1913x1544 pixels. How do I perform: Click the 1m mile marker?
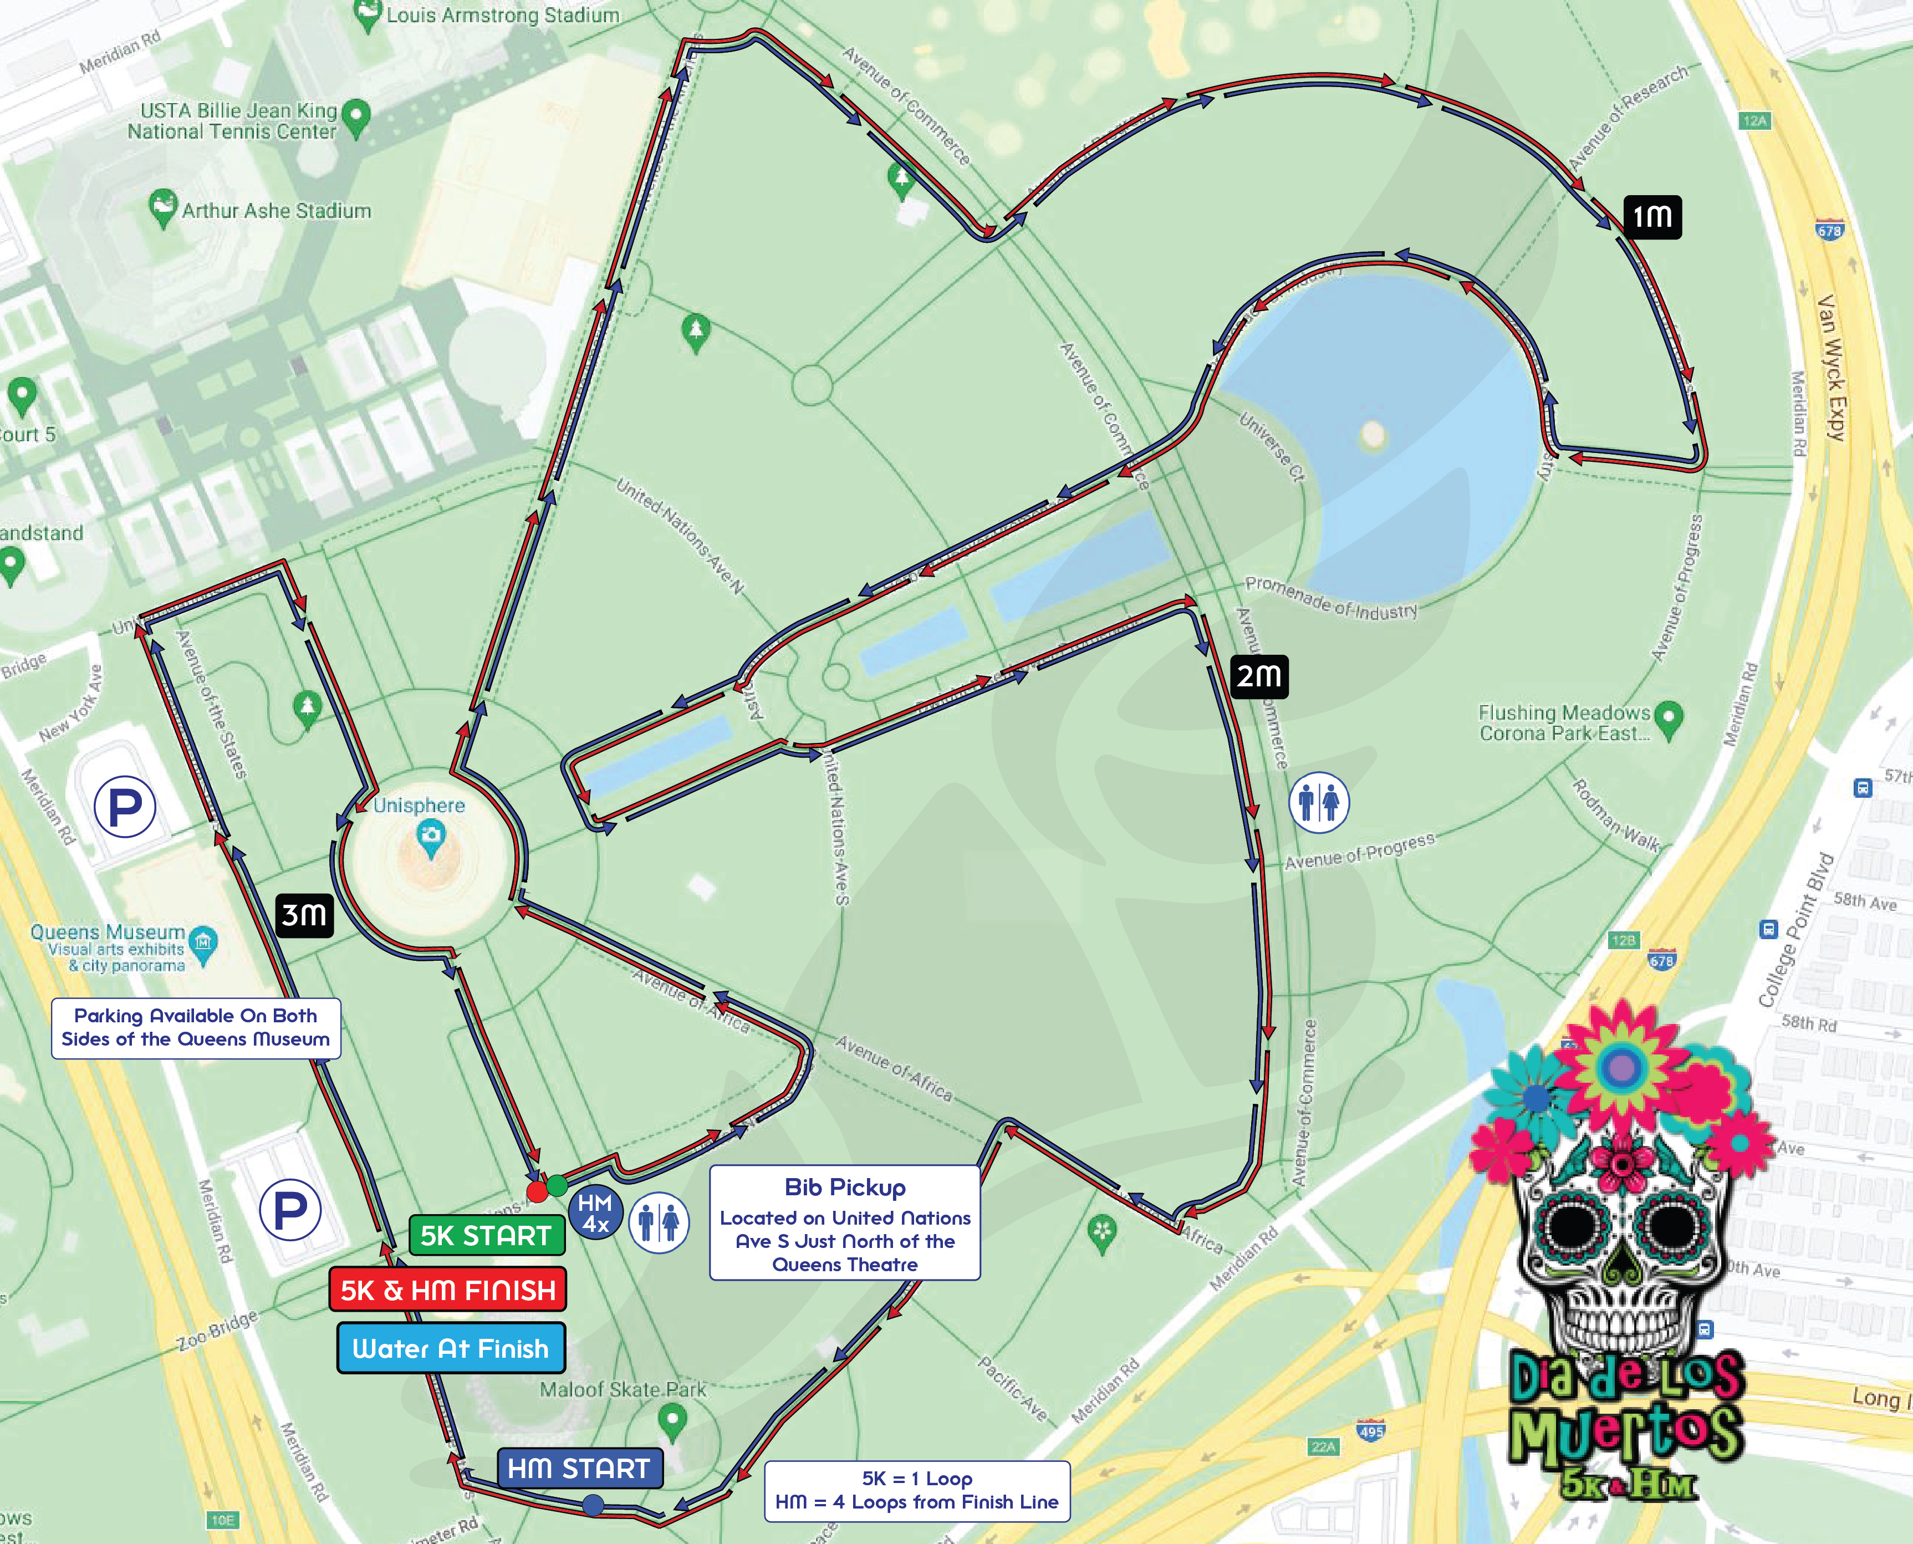tap(1652, 216)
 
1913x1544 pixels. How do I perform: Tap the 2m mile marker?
tap(1258, 676)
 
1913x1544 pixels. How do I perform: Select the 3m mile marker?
tap(304, 914)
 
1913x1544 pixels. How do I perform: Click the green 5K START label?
tap(487, 1235)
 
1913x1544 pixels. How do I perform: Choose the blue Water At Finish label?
tap(451, 1348)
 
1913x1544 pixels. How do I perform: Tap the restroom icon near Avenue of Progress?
tap(1319, 802)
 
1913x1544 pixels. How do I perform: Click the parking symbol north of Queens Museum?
tap(125, 807)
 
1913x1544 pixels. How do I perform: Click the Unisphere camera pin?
tap(431, 837)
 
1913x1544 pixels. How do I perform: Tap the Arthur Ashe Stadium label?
tap(276, 211)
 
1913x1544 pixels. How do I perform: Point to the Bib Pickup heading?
tap(845, 1188)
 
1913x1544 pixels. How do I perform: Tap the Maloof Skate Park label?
tap(623, 1389)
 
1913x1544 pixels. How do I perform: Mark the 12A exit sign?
tap(1754, 121)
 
